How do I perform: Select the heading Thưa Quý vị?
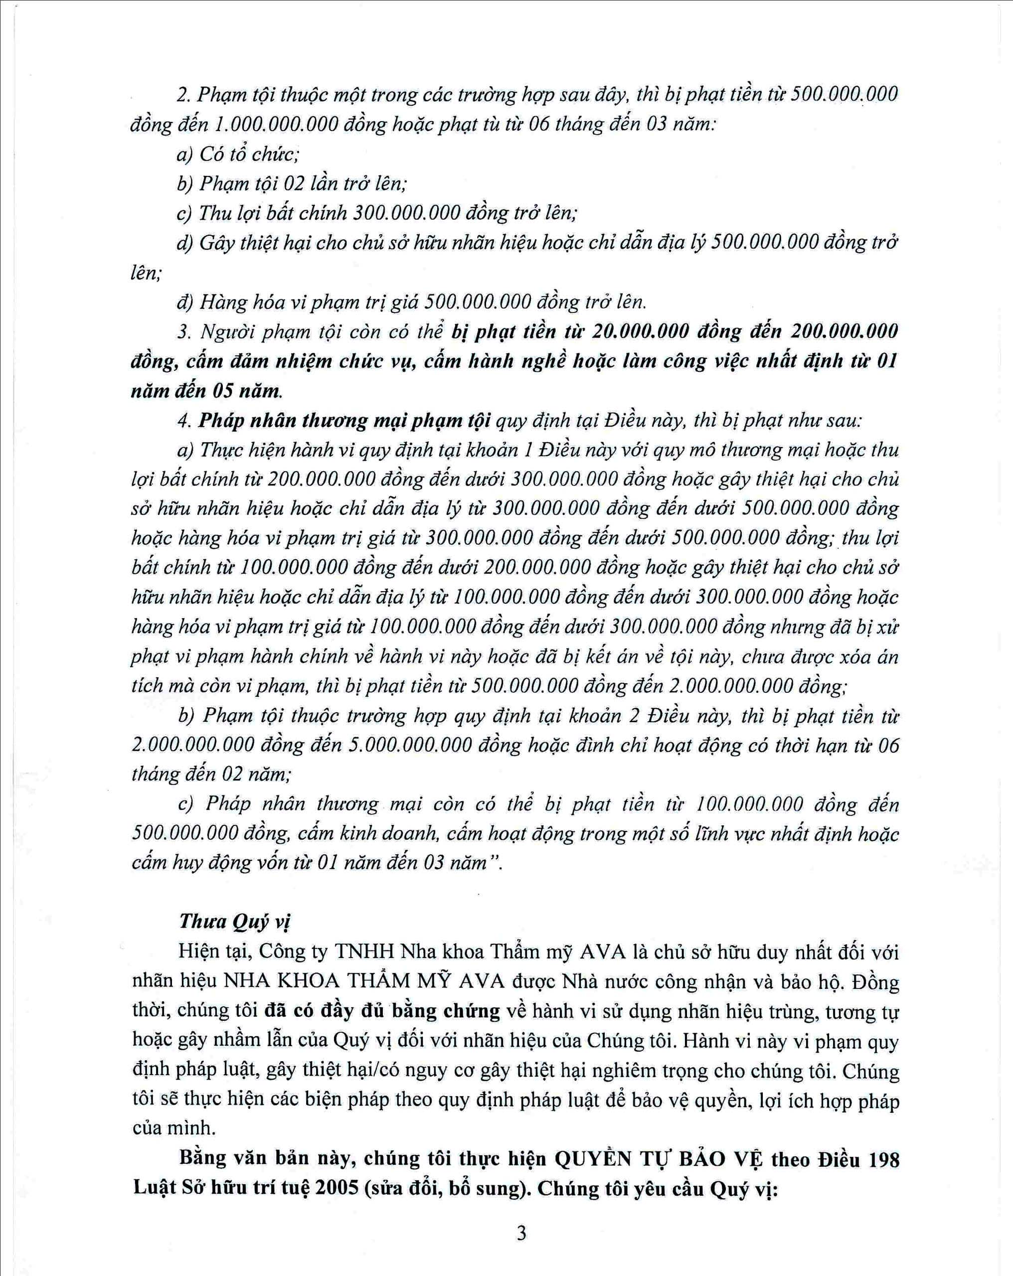pyautogui.click(x=234, y=922)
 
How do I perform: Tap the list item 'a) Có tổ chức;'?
pyautogui.click(x=237, y=155)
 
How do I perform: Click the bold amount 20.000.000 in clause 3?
pyautogui.click(x=641, y=331)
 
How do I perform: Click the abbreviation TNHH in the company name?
pyautogui.click(x=365, y=952)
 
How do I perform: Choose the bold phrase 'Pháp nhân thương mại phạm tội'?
pyautogui.click(x=344, y=420)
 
